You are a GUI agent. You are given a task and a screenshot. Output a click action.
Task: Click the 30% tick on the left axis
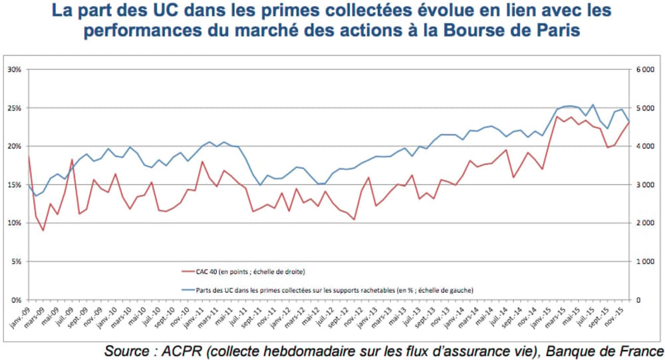coord(14,69)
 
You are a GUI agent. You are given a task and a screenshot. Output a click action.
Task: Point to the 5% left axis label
coord(15,262)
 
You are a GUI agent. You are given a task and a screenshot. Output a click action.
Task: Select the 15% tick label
coord(14,184)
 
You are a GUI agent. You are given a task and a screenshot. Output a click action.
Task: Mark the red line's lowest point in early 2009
coord(43,230)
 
